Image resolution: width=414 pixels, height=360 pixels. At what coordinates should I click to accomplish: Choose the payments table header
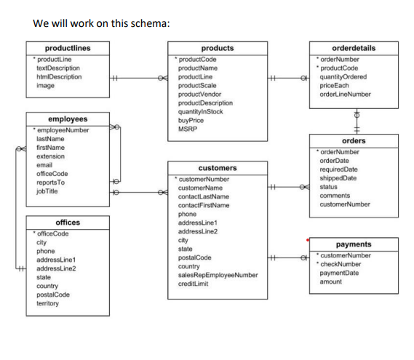(x=353, y=245)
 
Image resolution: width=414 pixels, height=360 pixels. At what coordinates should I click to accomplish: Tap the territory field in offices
(x=49, y=303)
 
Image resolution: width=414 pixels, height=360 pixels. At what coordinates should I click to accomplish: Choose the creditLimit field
(x=194, y=284)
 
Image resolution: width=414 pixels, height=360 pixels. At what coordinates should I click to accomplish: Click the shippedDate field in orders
(x=338, y=178)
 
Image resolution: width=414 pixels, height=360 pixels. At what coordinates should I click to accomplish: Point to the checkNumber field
(x=343, y=264)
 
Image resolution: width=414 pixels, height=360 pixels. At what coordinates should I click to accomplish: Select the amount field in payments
(x=332, y=281)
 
